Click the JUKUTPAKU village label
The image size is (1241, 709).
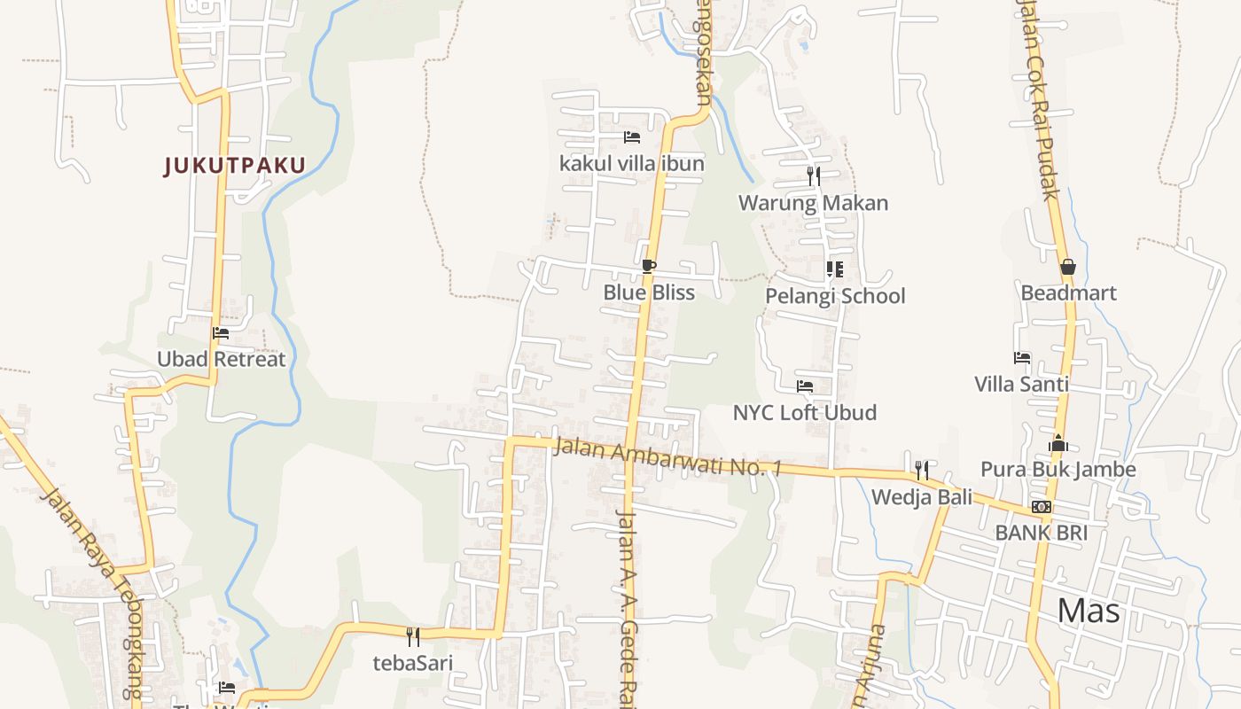[x=235, y=165]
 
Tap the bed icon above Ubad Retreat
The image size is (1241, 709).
[x=221, y=333]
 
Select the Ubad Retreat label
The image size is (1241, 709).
[x=222, y=359]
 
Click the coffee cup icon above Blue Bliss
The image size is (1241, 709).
[x=649, y=266]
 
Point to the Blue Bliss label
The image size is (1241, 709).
[x=649, y=292]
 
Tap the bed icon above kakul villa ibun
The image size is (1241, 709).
[x=632, y=137]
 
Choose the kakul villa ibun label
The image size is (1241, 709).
[x=632, y=164]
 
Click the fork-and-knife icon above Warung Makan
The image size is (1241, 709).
[x=814, y=176]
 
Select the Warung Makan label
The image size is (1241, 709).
[x=814, y=203]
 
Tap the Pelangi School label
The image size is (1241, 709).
[x=835, y=296]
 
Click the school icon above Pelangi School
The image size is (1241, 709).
[x=834, y=269]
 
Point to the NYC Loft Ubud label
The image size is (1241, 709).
[x=805, y=413]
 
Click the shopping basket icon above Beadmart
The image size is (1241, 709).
[x=1068, y=267]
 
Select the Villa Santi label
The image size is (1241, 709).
[x=1021, y=385]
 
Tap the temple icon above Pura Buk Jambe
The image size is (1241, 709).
[x=1058, y=443]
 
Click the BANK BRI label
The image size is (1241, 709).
[x=1041, y=533]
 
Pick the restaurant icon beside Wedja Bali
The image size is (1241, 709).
[x=922, y=470]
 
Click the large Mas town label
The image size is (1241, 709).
[x=1089, y=611]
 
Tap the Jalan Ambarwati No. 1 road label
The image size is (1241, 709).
[x=667, y=456]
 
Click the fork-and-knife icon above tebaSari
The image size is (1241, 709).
[x=413, y=636]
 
